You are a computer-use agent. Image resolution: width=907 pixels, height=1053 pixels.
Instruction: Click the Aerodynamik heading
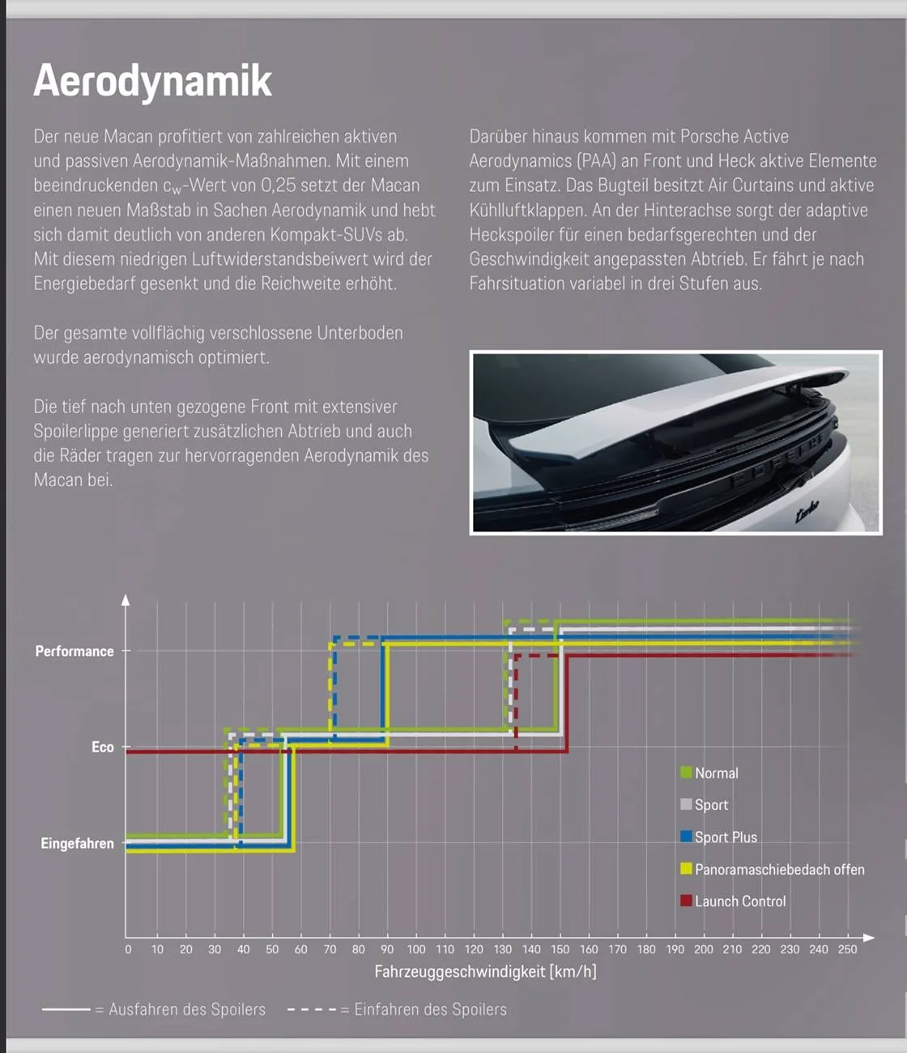pos(153,81)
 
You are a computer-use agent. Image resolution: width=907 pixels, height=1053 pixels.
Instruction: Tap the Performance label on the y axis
pos(75,651)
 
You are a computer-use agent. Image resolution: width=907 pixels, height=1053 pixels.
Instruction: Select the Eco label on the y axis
pos(103,747)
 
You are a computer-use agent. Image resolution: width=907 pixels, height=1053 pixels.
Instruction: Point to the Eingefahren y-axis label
pos(78,843)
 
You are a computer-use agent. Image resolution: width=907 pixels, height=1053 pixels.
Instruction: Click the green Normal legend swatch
pos(686,773)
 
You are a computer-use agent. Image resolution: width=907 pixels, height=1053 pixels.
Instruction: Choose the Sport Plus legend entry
pos(726,837)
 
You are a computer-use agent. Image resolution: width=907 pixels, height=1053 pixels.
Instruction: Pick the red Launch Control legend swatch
pos(686,901)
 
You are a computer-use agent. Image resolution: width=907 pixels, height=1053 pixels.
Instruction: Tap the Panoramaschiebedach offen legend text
pos(779,869)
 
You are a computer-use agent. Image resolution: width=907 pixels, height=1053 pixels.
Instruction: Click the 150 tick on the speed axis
pos(560,949)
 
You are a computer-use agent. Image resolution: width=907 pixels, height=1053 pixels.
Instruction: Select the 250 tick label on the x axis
pos(847,949)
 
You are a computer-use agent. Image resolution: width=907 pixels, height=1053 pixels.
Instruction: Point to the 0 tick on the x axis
pos(128,949)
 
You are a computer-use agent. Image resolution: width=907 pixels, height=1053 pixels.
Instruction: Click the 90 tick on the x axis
pos(387,949)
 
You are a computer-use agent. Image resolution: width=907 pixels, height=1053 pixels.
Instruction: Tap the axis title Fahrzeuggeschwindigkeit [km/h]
pos(485,971)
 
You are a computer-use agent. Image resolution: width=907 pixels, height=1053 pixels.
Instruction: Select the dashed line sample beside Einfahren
pos(311,1009)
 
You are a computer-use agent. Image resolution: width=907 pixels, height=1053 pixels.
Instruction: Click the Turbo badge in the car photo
pos(807,509)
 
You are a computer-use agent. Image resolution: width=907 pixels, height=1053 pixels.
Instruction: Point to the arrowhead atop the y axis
pos(126,600)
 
